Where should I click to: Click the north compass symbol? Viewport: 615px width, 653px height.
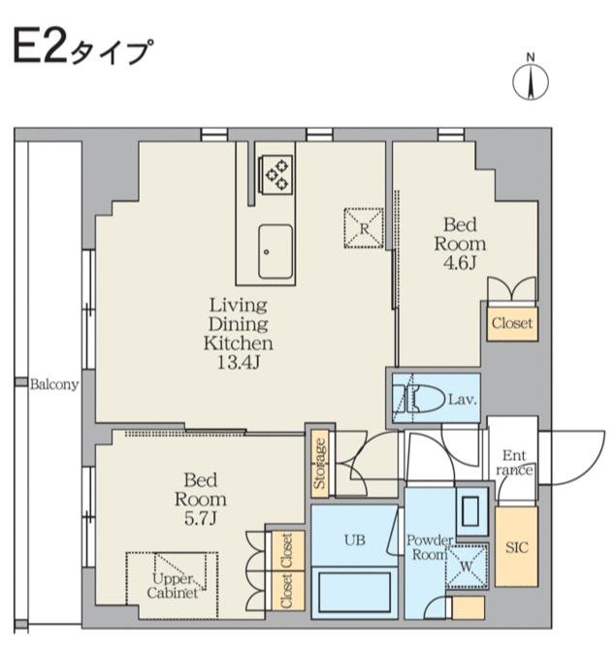[530, 79]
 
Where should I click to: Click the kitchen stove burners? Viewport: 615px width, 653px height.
[276, 175]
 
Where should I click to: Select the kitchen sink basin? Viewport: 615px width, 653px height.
[275, 251]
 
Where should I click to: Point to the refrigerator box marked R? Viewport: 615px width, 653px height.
[364, 228]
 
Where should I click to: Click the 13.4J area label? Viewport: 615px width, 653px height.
[239, 363]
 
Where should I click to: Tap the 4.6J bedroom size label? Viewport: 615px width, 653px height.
[460, 263]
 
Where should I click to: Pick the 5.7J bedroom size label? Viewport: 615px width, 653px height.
[201, 518]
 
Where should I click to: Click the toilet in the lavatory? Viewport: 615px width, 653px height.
[419, 399]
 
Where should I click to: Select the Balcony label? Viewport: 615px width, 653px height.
[54, 384]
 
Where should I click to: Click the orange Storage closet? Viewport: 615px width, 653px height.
[320, 464]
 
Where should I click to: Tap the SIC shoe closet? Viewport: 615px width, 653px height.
[516, 547]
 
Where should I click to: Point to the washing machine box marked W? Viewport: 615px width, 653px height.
[467, 566]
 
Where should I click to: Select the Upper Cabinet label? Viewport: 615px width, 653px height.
[173, 585]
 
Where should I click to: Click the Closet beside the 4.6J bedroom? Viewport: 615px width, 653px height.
[512, 324]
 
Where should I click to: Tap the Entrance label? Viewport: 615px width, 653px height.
[514, 462]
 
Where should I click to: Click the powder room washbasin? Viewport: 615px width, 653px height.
[471, 511]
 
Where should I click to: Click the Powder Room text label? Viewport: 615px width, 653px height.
[429, 547]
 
